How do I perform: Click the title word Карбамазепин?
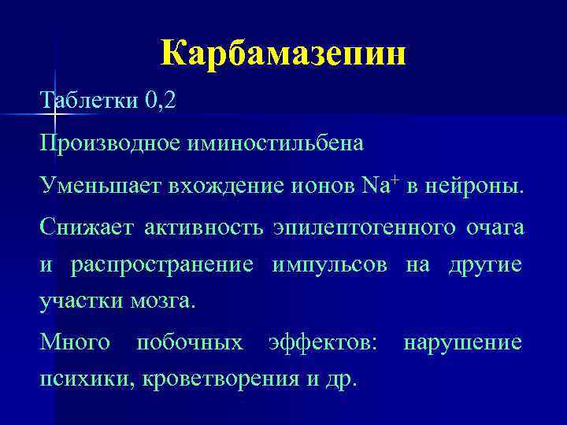pyautogui.click(x=283, y=54)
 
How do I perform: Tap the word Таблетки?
pyautogui.click(x=89, y=102)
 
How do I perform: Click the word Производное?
pyautogui.click(x=110, y=143)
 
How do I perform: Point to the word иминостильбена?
pyautogui.click(x=275, y=143)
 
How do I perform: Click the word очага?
pyautogui.click(x=495, y=227)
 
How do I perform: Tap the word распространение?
pyautogui.click(x=162, y=264)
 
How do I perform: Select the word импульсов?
pyautogui.click(x=329, y=264)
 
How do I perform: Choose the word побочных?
pyautogui.click(x=189, y=343)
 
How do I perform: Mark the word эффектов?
pyautogui.click(x=323, y=343)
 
